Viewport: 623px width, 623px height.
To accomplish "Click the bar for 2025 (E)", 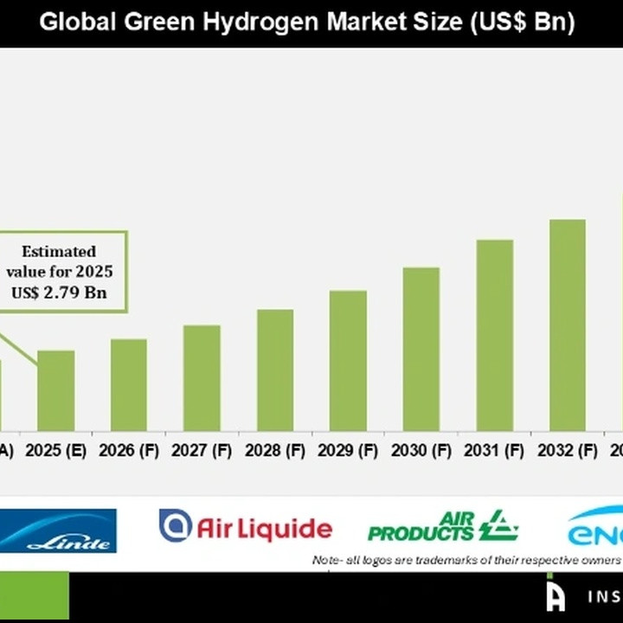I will (x=55, y=390).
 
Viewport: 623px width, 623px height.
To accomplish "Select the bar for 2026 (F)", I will (x=129, y=385).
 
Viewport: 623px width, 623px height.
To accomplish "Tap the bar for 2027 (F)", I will (x=202, y=378).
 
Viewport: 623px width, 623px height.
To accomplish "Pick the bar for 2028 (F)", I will (x=275, y=369).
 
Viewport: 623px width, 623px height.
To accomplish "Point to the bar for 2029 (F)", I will (x=348, y=361).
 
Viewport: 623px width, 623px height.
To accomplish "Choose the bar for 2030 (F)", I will (x=421, y=349).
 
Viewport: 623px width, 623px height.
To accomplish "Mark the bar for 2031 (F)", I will (x=495, y=335).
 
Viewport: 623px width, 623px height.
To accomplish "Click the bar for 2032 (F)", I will (x=568, y=324).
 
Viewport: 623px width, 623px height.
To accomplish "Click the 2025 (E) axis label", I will (x=55, y=451).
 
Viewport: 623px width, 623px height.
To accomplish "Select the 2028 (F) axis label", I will (x=275, y=451).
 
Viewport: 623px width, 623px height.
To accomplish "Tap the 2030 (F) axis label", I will (x=421, y=451).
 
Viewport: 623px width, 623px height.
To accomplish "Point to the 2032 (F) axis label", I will (x=568, y=451).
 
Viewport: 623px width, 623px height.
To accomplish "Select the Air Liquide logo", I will (x=245, y=527).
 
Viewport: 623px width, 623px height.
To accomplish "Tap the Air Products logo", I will (x=442, y=526).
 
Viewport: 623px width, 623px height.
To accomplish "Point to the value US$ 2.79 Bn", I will (x=59, y=292).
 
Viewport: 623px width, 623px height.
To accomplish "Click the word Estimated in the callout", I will (x=59, y=252).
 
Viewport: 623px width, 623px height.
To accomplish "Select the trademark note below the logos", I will (x=466, y=561).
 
